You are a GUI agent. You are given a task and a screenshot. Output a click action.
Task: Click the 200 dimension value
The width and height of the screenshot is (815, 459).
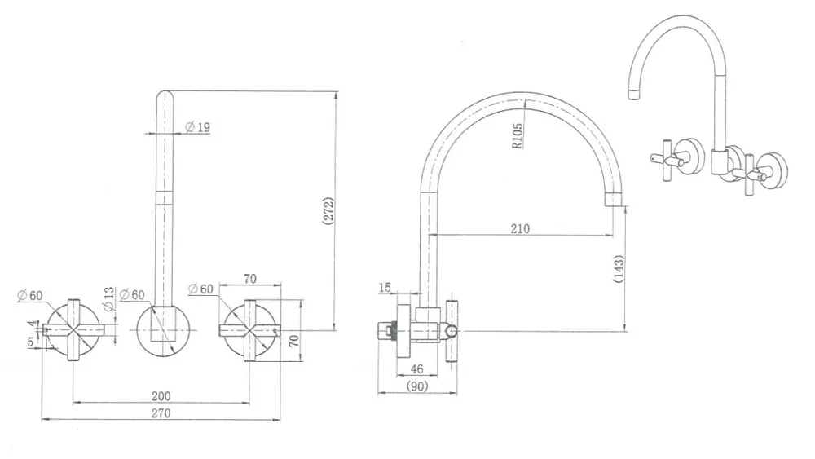coord(161,396)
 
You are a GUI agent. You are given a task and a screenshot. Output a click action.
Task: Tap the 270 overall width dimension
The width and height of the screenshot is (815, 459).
coord(161,413)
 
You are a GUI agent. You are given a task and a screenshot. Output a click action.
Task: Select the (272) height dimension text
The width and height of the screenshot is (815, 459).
coord(328,211)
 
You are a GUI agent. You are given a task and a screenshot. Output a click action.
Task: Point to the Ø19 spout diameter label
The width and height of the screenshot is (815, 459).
coord(197,127)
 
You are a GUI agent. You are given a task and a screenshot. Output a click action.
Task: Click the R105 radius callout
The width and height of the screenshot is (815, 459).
coord(518,136)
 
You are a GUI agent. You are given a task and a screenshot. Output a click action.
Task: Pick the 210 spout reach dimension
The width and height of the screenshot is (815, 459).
coord(520,228)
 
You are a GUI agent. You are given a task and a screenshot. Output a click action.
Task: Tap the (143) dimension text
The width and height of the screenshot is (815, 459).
coord(619,269)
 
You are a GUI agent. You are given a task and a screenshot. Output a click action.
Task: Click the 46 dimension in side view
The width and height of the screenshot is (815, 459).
coord(416,369)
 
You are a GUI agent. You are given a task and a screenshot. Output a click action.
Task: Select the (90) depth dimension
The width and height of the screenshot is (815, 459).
coord(417,386)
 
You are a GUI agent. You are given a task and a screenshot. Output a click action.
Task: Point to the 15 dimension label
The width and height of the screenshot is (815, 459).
coord(385,288)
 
